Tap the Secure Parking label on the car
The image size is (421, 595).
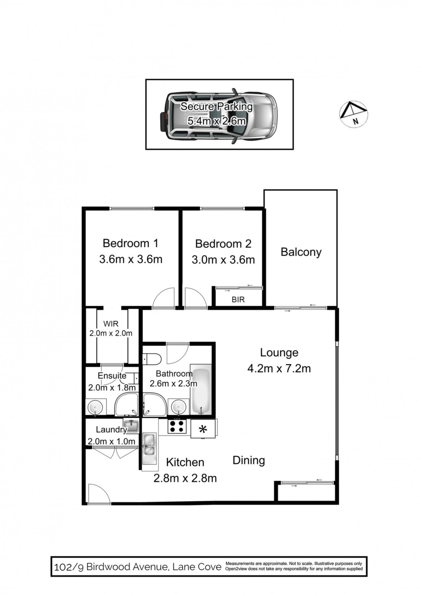216,107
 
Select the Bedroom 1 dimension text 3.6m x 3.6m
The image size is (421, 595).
131,259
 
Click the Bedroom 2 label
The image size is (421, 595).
223,243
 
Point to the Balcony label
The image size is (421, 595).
301,252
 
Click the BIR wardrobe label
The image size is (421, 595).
238,299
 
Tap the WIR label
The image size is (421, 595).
111,324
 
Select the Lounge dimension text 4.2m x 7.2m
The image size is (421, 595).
279,368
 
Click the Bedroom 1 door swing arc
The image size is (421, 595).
164,298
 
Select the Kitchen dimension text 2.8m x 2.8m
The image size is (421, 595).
185,478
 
